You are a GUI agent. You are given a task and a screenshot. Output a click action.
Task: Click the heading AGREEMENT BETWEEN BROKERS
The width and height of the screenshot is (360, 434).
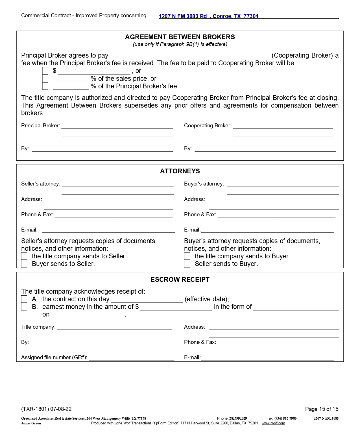(x=180, y=37)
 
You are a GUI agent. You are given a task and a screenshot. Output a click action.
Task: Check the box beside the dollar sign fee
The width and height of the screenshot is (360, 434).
(x=45, y=71)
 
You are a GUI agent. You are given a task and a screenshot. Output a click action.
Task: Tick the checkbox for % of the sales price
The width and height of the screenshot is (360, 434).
(x=45, y=78)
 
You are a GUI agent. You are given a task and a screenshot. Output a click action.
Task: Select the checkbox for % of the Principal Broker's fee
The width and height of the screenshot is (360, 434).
(x=45, y=86)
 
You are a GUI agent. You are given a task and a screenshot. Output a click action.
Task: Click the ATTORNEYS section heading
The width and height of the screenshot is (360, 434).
(x=180, y=171)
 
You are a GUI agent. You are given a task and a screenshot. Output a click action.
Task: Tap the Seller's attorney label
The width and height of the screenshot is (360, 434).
(x=41, y=184)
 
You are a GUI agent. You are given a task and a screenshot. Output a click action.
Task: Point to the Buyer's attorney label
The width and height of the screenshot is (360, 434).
(x=204, y=184)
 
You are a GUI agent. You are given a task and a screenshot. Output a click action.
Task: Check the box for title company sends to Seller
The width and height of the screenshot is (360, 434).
(x=24, y=256)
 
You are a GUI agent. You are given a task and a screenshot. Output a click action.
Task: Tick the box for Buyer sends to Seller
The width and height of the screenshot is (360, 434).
(x=24, y=264)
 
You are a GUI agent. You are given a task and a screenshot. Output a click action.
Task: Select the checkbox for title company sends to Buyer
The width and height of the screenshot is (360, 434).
(x=187, y=256)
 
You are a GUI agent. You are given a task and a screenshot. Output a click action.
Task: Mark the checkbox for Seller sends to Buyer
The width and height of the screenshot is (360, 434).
(x=187, y=264)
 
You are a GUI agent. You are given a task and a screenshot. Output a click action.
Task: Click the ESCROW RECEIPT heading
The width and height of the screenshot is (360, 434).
(x=180, y=280)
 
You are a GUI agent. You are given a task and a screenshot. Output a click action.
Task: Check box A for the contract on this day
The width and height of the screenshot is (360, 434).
(x=24, y=299)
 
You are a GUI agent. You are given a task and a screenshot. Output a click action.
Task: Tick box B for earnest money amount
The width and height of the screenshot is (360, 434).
(x=24, y=307)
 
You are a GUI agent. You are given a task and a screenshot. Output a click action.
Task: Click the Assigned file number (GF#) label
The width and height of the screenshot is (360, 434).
(x=54, y=357)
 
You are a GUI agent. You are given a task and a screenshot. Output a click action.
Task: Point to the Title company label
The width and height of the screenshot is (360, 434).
(x=38, y=327)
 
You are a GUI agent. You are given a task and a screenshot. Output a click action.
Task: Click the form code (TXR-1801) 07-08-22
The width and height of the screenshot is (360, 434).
(x=46, y=409)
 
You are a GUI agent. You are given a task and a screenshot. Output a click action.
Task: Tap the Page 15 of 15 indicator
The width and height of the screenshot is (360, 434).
(x=322, y=409)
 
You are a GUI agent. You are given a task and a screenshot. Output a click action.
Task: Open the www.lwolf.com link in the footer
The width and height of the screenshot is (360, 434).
(x=273, y=423)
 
